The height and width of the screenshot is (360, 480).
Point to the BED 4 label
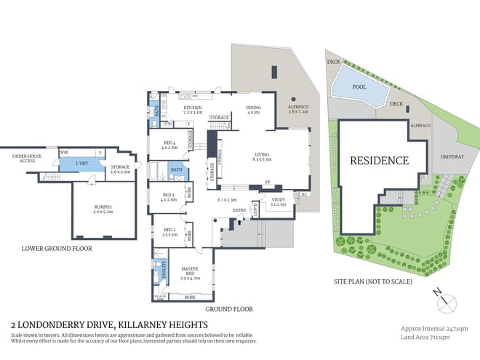pos(169,145)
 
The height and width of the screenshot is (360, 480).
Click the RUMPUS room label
pos(103,208)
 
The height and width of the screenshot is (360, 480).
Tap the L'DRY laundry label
pos(82,164)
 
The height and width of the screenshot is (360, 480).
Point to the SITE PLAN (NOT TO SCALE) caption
pos(373,281)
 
